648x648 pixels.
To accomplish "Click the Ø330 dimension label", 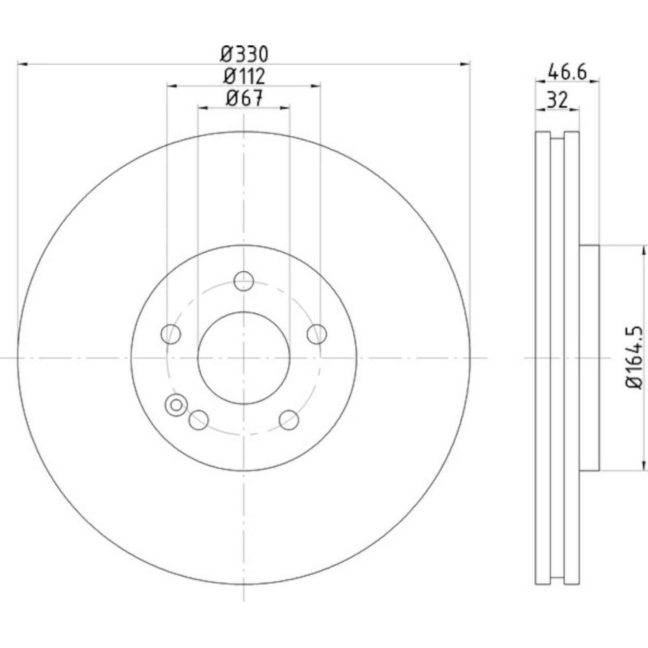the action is (245, 54).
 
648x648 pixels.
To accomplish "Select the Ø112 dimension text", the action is (244, 76).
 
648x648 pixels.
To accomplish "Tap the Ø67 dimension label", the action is (244, 98).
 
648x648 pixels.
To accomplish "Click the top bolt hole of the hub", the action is (244, 281).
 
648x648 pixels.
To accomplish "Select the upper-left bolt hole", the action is (171, 334).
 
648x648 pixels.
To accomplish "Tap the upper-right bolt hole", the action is (317, 334).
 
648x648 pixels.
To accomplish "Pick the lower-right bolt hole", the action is (289, 420).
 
